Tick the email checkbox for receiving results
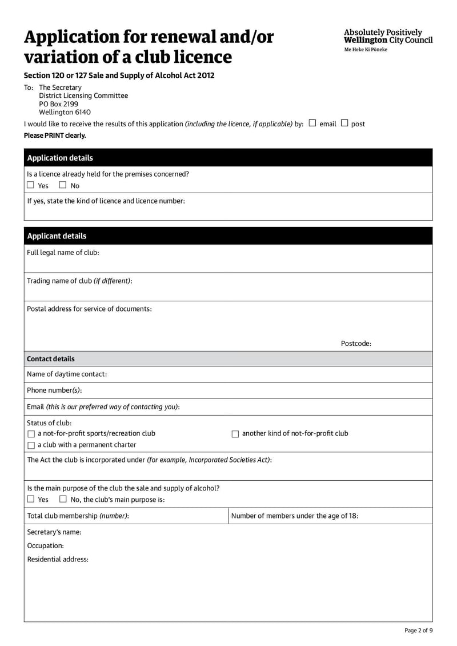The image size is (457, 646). pyautogui.click(x=312, y=123)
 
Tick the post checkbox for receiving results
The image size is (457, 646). pyautogui.click(x=344, y=123)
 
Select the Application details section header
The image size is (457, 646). pyautogui.click(x=60, y=158)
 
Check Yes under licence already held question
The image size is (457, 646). pyautogui.click(x=31, y=185)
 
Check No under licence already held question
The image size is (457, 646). pyautogui.click(x=63, y=185)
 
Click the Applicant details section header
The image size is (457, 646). pyautogui.click(x=57, y=236)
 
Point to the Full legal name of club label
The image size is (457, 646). pyautogui.click(x=63, y=253)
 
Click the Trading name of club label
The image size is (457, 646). pyautogui.click(x=79, y=281)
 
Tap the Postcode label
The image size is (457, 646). pyautogui.click(x=356, y=344)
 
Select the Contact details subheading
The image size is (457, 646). pyautogui.click(x=51, y=359)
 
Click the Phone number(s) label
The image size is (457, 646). pyautogui.click(x=54, y=390)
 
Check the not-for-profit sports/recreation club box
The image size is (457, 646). pyautogui.click(x=31, y=434)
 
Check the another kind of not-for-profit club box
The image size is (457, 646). pyautogui.click(x=235, y=434)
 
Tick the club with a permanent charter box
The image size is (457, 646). pyautogui.click(x=31, y=445)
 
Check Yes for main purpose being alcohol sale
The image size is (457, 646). pyautogui.click(x=31, y=499)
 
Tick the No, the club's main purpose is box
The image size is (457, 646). pyautogui.click(x=63, y=499)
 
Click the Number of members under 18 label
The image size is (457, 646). pyautogui.click(x=295, y=516)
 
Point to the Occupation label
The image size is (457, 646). pyautogui.click(x=46, y=546)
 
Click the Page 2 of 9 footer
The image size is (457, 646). pyautogui.click(x=418, y=631)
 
